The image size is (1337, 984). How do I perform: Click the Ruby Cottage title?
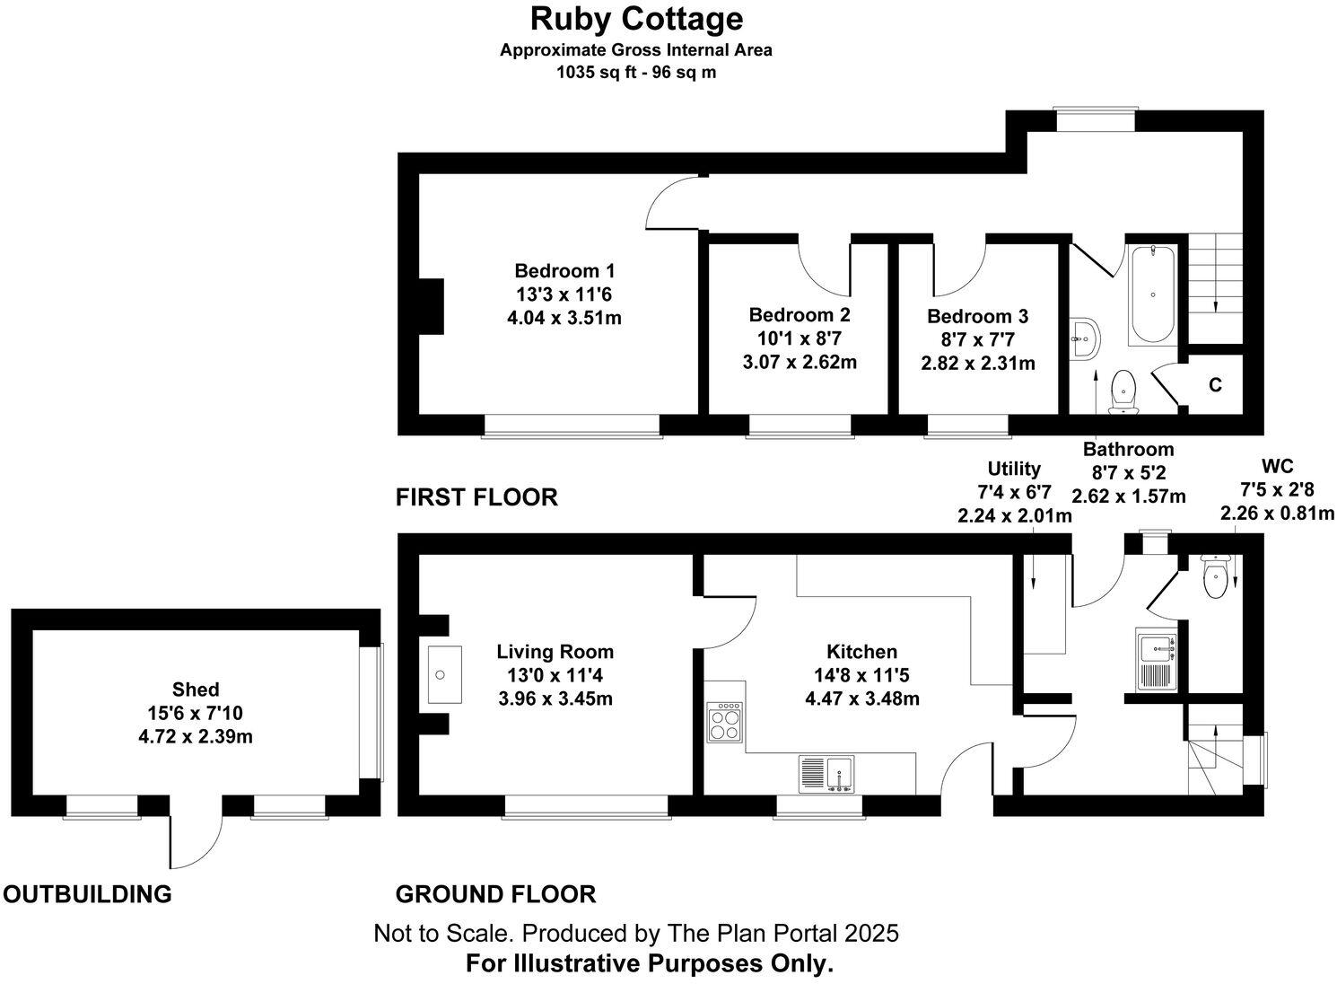coord(636,18)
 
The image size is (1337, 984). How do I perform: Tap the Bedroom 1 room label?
coord(564,270)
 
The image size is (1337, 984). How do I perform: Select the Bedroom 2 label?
coord(800,315)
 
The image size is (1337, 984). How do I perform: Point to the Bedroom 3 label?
coord(977,316)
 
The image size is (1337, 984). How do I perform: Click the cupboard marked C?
coord(1215,385)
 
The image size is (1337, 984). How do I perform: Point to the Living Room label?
coord(555,653)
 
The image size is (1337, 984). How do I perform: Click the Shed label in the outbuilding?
coord(196,690)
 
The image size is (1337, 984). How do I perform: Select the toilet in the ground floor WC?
coord(1214,577)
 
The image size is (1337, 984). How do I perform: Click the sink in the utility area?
coord(1156,661)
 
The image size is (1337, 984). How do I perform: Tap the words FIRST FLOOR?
coord(476,496)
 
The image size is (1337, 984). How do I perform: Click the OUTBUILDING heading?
coord(87,894)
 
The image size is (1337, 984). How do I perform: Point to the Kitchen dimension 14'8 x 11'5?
coord(861,675)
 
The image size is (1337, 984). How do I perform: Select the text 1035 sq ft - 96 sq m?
coord(636,73)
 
